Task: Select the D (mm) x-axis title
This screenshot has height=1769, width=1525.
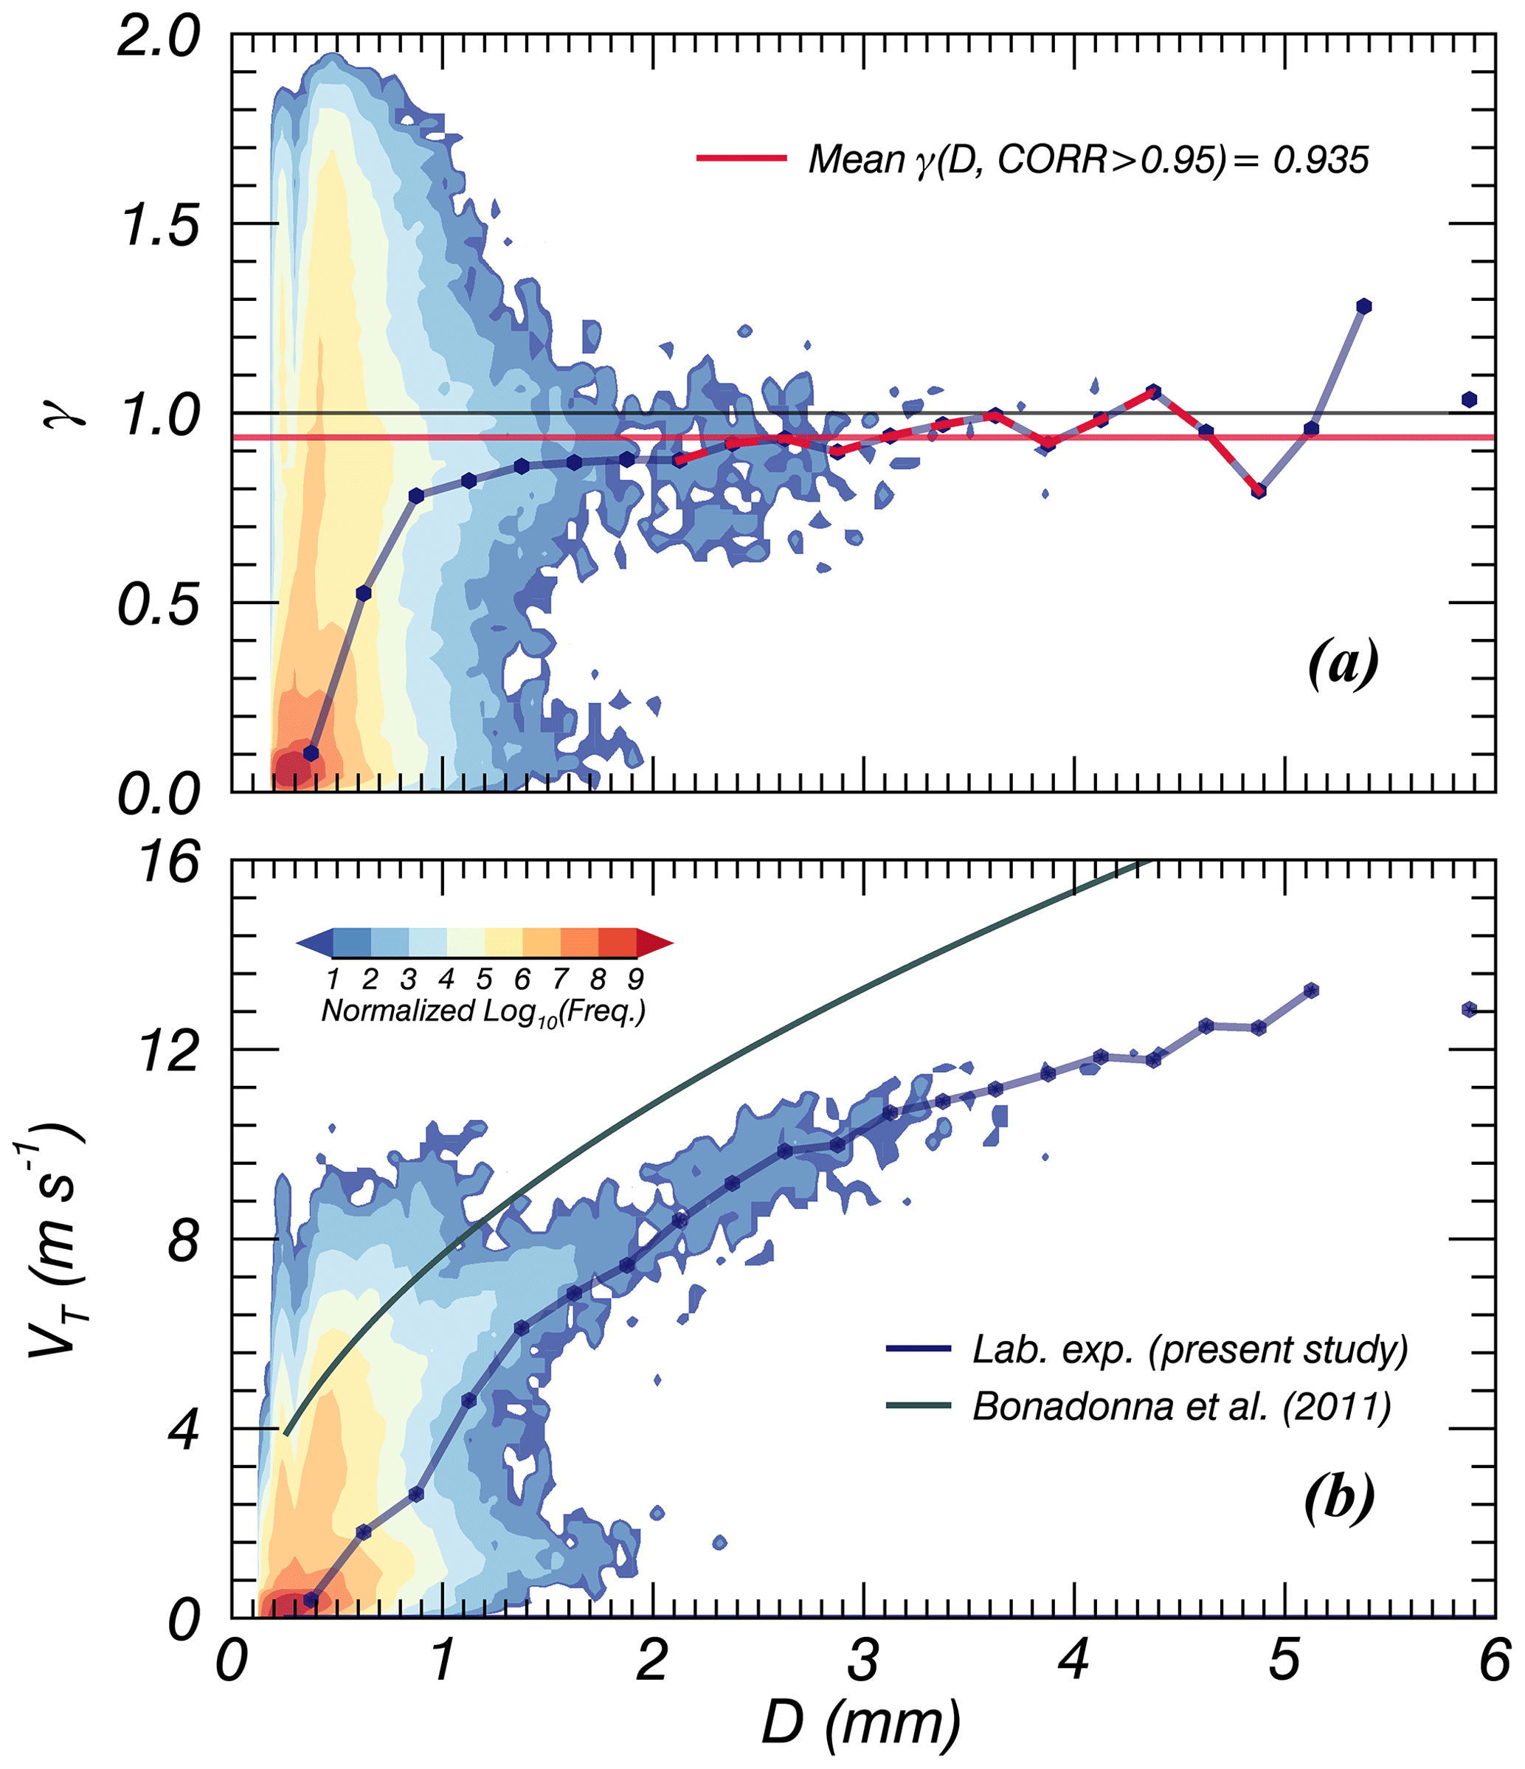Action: tap(862, 1722)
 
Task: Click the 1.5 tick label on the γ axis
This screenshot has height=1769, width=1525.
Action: tap(159, 226)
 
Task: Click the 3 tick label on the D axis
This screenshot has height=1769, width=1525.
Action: tap(863, 1661)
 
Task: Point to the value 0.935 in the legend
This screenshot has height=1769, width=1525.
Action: tap(1320, 159)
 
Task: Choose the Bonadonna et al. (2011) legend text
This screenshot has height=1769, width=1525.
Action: tap(1182, 1406)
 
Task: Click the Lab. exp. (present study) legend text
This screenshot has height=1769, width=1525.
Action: tap(1190, 1349)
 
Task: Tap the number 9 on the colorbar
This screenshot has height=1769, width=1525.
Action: tap(635, 978)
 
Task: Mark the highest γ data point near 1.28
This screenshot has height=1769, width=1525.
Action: tap(1363, 306)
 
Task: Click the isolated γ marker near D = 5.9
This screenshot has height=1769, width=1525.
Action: tap(1469, 400)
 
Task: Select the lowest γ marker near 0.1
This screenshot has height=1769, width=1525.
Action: tap(311, 753)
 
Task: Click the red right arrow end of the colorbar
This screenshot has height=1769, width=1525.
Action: tap(656, 944)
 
